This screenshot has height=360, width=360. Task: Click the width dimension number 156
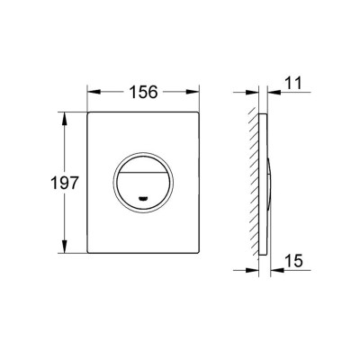tap(142, 91)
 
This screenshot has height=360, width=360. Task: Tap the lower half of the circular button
tap(144, 191)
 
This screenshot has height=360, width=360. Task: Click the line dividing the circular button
tap(144, 173)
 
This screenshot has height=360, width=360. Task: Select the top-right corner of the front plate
tap(198, 113)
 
